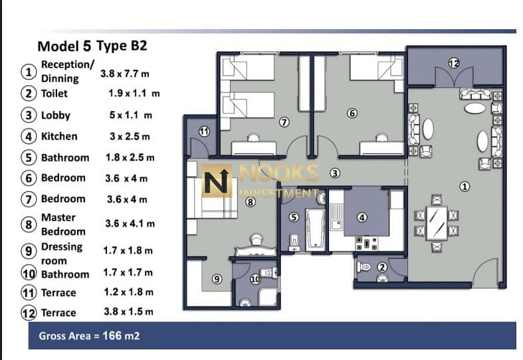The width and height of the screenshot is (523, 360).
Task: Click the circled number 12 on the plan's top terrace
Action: (x=454, y=63)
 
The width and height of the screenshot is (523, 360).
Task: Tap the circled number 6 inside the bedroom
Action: (x=352, y=114)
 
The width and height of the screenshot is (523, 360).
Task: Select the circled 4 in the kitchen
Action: (x=362, y=218)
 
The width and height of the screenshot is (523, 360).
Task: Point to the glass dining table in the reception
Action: (x=437, y=223)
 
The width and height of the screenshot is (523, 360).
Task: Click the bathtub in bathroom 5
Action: (x=315, y=229)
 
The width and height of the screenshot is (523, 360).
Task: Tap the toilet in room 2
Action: (x=364, y=267)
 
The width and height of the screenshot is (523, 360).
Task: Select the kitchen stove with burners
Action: (x=367, y=243)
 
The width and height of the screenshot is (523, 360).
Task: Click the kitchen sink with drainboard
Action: (x=336, y=217)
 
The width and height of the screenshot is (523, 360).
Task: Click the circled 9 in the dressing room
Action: (x=217, y=279)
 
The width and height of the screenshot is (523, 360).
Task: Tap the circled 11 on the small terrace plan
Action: (x=204, y=132)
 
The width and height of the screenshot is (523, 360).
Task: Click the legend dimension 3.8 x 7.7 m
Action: (x=125, y=73)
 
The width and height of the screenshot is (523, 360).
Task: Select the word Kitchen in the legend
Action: (x=59, y=136)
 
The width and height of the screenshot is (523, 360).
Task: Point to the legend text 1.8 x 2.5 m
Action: (x=130, y=157)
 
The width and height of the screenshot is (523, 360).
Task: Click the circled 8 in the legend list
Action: (x=29, y=225)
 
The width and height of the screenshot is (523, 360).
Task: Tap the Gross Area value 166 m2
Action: (x=121, y=335)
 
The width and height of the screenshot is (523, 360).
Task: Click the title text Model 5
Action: (x=64, y=46)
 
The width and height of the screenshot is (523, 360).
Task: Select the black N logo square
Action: (x=217, y=181)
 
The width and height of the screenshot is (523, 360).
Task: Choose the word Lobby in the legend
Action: (x=56, y=116)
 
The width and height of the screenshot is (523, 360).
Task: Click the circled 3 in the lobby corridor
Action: (x=335, y=173)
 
